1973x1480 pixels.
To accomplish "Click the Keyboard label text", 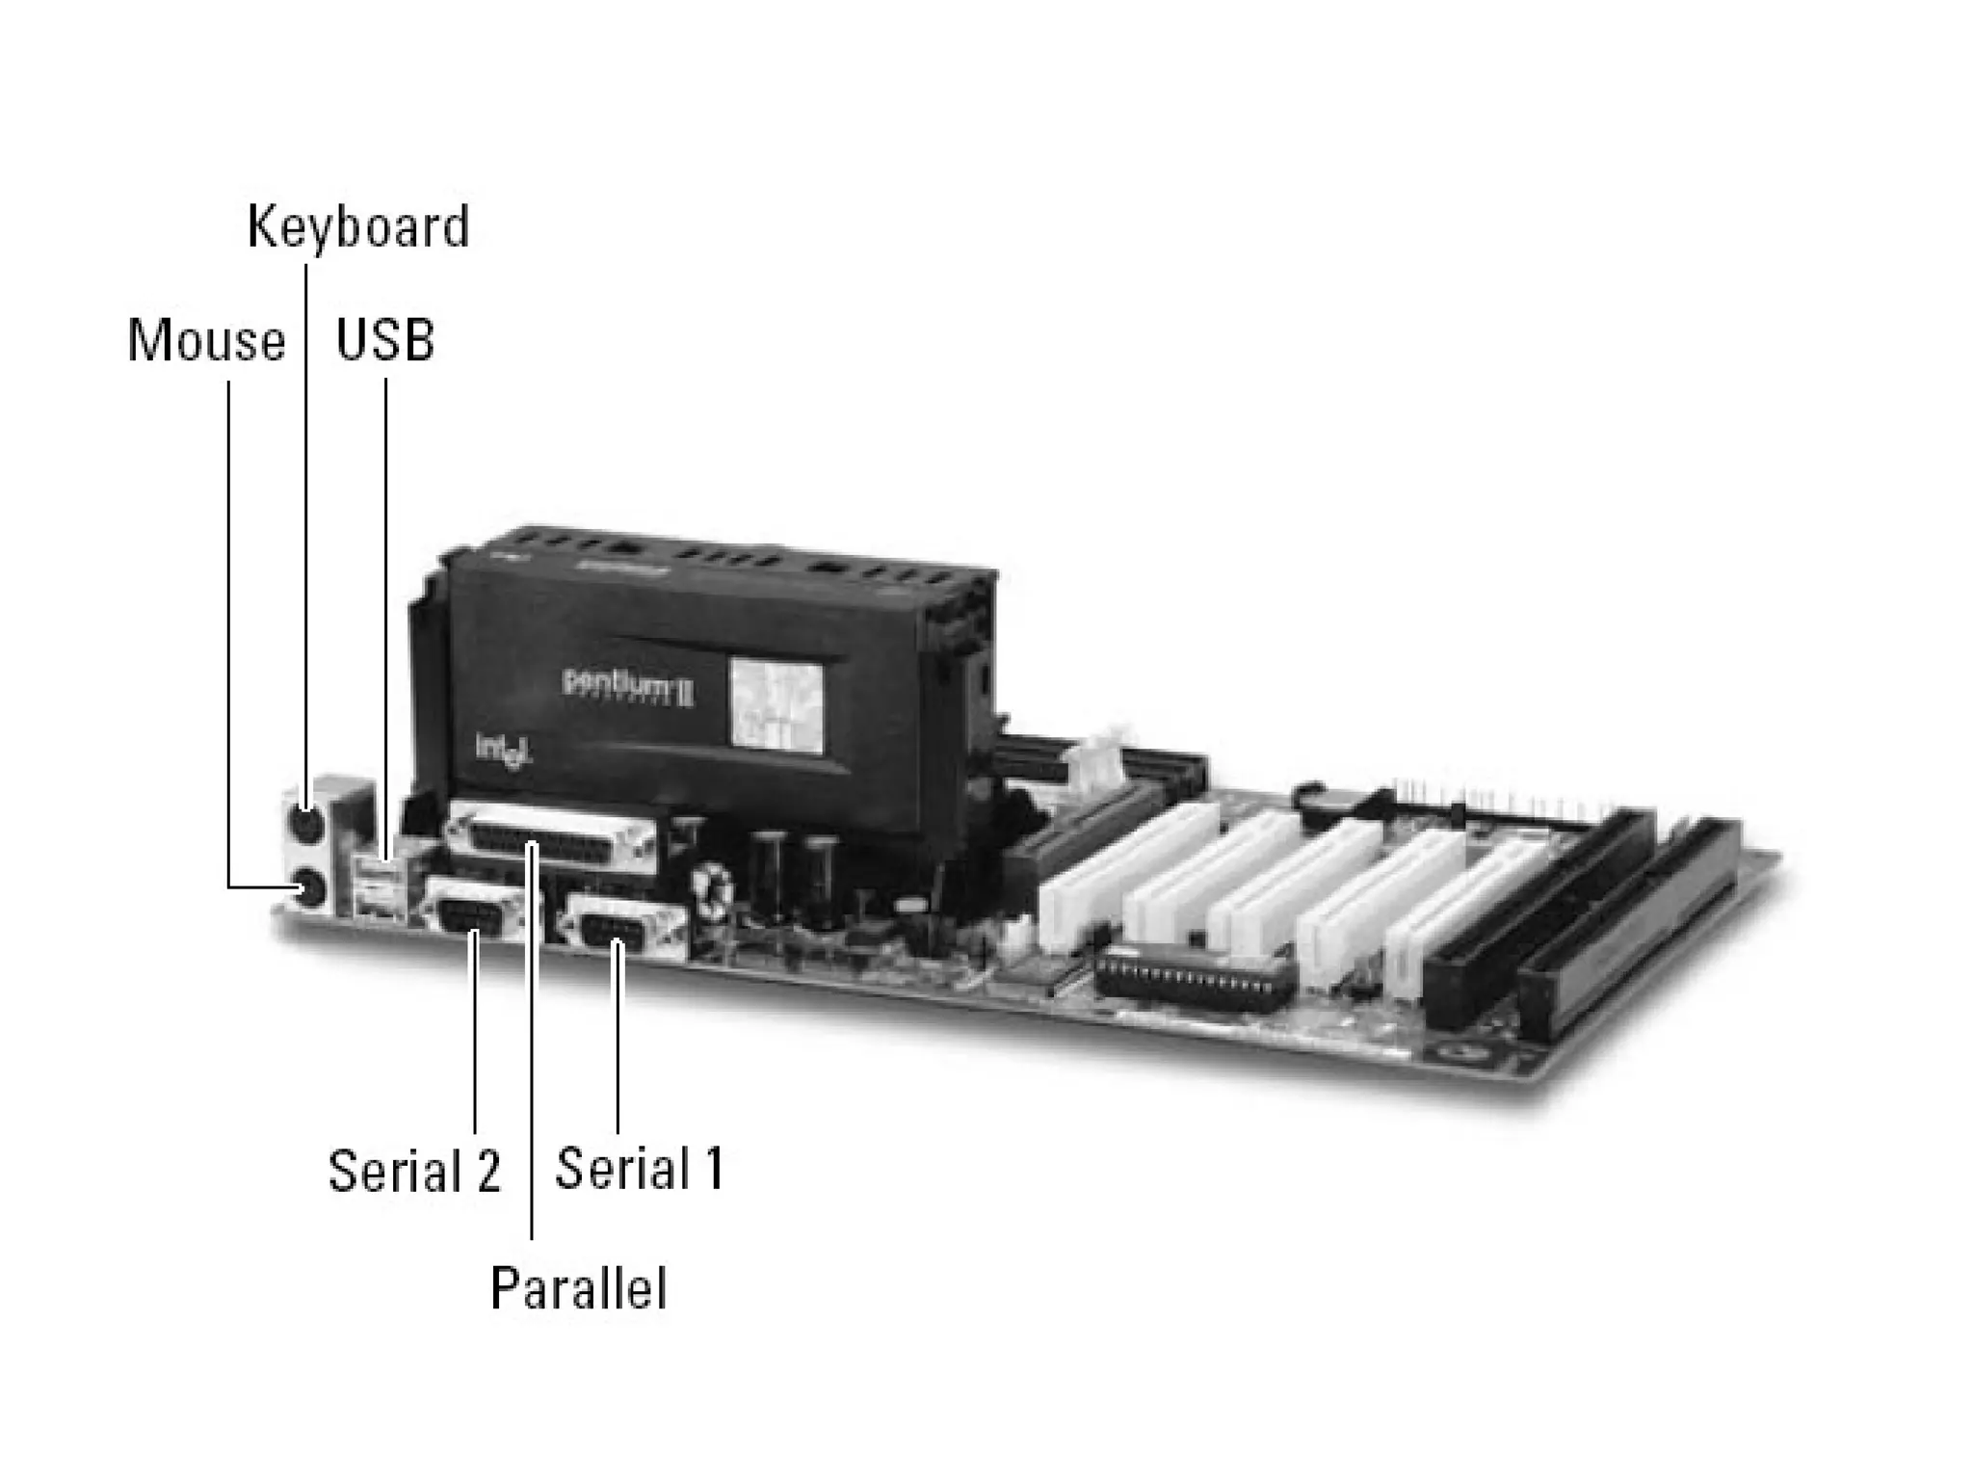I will pos(358,227).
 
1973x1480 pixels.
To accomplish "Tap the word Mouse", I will pos(206,341).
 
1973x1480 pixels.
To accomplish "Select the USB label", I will pos(384,340).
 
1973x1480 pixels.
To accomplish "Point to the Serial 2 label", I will pos(414,1171).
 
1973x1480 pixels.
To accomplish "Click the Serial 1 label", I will pos(640,1169).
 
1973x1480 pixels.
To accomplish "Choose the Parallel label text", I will pos(578,1287).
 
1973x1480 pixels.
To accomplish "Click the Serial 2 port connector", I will pos(475,912).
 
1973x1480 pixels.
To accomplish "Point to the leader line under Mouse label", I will pos(228,626).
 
